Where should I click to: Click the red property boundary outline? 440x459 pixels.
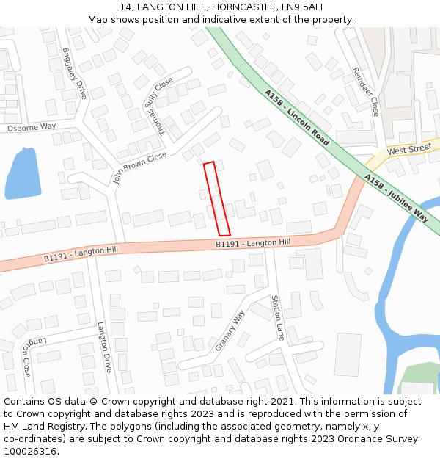click(217, 199)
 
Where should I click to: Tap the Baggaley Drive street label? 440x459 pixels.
click(75, 73)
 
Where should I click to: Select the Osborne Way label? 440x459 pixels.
click(32, 127)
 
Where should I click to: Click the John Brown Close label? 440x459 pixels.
click(139, 168)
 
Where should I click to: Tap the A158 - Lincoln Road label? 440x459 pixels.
click(297, 118)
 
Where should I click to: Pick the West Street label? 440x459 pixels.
click(409, 150)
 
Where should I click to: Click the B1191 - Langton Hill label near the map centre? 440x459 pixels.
click(253, 242)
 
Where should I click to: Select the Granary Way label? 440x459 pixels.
click(230, 330)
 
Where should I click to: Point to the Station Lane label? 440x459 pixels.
click(277, 317)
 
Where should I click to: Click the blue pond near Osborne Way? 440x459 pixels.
click(21, 174)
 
